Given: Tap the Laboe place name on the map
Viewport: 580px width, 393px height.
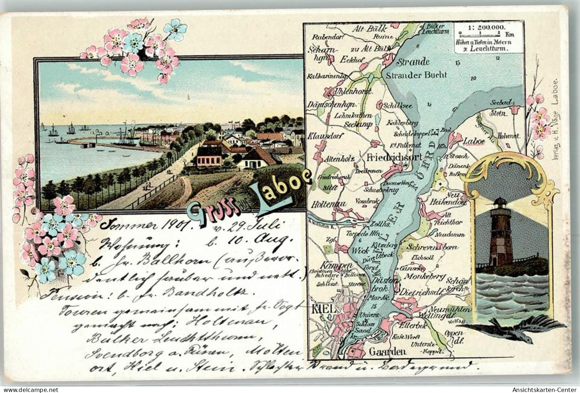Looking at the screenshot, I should pos(473,141).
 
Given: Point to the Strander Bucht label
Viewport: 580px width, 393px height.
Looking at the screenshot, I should pos(417,75).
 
